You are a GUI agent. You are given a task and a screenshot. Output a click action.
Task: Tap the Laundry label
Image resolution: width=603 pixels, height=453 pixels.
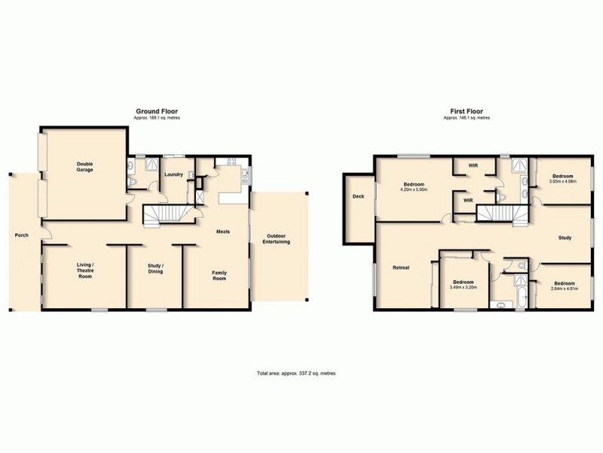(x=173, y=174)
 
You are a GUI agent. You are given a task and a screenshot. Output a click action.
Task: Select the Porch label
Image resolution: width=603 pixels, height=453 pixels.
(x=21, y=235)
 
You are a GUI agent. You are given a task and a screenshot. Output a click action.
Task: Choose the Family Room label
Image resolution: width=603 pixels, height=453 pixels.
(x=219, y=275)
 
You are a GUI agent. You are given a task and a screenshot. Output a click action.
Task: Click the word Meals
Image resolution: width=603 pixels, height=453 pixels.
(x=222, y=232)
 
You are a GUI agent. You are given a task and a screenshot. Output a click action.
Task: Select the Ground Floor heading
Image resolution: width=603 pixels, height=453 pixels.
(x=156, y=112)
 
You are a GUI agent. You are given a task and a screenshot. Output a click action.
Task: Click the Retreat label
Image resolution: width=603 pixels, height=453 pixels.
(x=400, y=267)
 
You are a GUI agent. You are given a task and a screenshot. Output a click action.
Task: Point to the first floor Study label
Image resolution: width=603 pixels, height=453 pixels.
(x=565, y=238)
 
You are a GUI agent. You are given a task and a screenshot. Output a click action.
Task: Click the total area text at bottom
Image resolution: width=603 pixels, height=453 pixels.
(x=301, y=372)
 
